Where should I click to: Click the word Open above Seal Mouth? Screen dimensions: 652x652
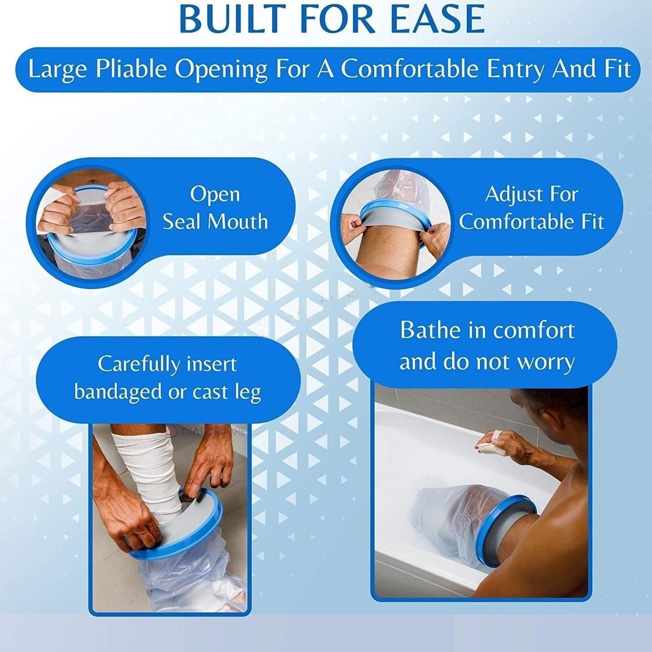click(215, 194)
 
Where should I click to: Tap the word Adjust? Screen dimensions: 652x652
click(511, 194)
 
